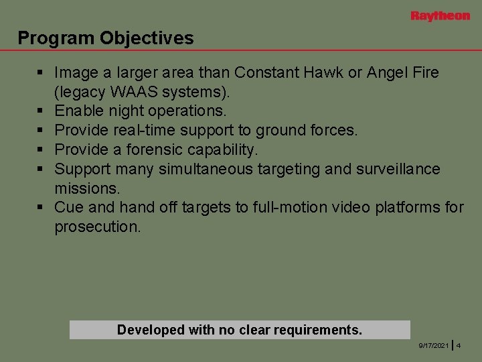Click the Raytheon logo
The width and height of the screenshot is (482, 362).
point(440,16)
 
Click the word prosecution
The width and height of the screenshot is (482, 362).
point(98,227)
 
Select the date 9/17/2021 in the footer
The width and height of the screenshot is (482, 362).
point(434,345)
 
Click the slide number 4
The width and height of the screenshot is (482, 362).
point(459,345)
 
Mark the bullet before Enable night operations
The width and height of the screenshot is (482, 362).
point(41,110)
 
